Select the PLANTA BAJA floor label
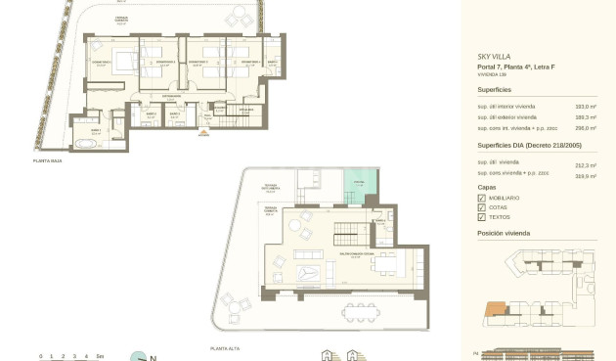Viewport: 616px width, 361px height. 48,160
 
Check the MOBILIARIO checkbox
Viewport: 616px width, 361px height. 481,198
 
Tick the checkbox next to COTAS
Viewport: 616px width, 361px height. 481,207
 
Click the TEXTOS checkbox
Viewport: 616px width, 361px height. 481,217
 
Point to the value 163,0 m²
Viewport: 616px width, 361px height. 585,106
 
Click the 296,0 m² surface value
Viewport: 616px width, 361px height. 585,128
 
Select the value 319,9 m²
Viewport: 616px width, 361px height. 585,175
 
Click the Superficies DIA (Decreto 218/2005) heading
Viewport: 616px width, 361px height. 529,145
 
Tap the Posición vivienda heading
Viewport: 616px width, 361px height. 504,235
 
